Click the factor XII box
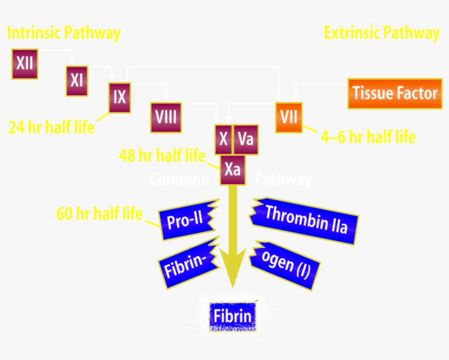click(x=25, y=63)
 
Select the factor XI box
click(x=77, y=80)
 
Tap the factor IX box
click(x=119, y=97)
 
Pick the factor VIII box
click(x=166, y=117)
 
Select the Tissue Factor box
click(x=395, y=93)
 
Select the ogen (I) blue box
click(x=286, y=266)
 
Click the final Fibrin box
click(x=232, y=316)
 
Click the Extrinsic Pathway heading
click(x=382, y=33)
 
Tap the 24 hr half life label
click(x=51, y=127)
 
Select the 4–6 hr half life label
click(x=368, y=136)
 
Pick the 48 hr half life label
click(x=162, y=156)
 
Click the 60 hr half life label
click(x=100, y=212)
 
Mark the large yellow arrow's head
click(x=232, y=276)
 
